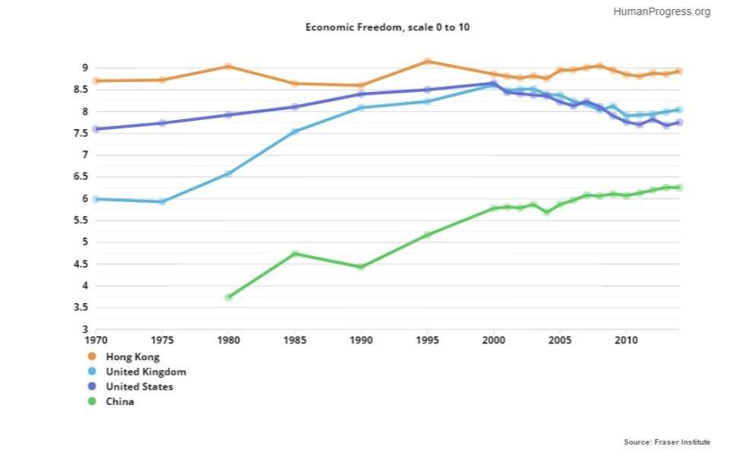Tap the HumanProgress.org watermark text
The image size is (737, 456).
pyautogui.click(x=661, y=11)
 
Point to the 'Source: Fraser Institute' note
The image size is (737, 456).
pyautogui.click(x=667, y=442)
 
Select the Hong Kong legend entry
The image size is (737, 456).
pyautogui.click(x=133, y=356)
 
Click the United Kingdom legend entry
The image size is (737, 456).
pyautogui.click(x=145, y=372)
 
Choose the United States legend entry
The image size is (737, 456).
pyautogui.click(x=139, y=387)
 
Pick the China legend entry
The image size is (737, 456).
pyautogui.click(x=119, y=401)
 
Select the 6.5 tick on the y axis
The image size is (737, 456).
pyautogui.click(x=80, y=177)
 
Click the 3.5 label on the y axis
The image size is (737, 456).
pyautogui.click(x=80, y=308)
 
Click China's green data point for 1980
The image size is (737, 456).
pyautogui.click(x=229, y=297)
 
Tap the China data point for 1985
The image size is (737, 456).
pyautogui.click(x=295, y=254)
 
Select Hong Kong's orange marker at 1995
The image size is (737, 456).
pyautogui.click(x=428, y=62)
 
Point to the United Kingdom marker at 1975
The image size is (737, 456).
pyautogui.click(x=163, y=201)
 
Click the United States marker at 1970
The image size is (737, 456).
pyautogui.click(x=96, y=129)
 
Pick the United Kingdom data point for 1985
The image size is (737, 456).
pyautogui.click(x=295, y=131)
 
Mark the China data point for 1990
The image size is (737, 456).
pyautogui.click(x=361, y=267)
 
